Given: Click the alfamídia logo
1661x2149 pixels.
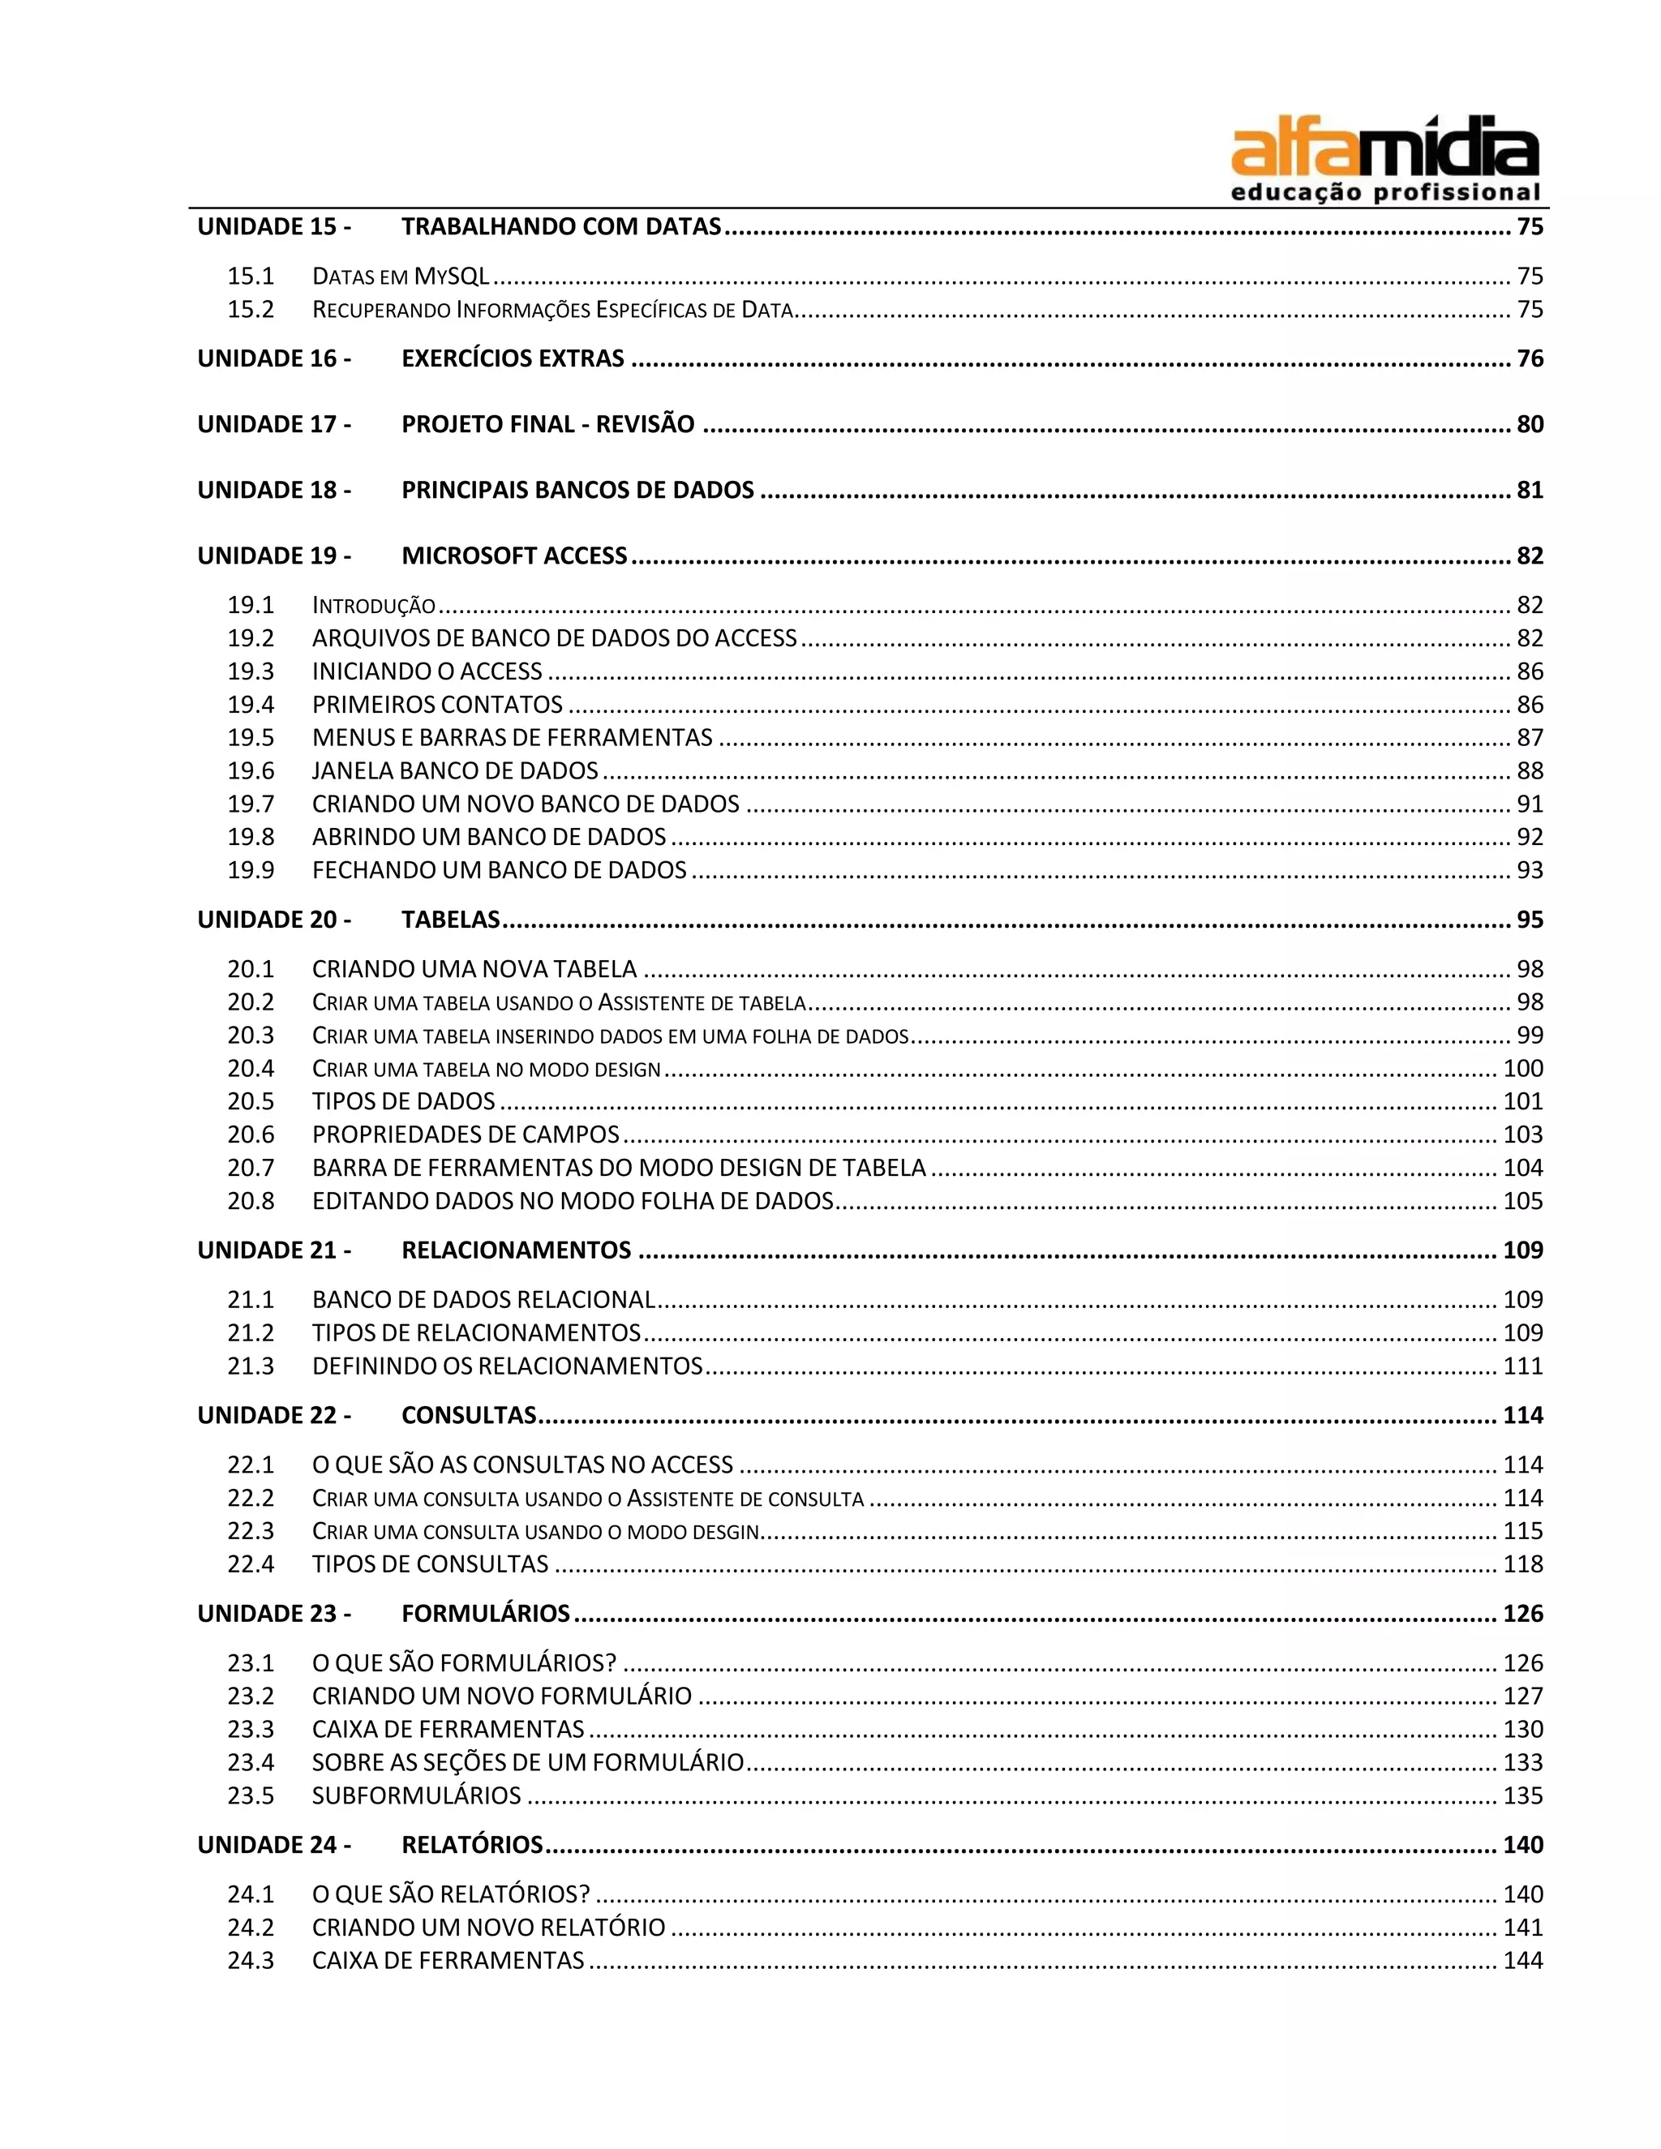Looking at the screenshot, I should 1384,161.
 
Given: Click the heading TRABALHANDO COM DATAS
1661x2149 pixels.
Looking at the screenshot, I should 561,226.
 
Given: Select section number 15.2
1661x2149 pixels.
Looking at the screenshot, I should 251,309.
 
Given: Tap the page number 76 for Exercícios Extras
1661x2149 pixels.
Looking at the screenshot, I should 1529,358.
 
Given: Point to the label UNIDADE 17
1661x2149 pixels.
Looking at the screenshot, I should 273,424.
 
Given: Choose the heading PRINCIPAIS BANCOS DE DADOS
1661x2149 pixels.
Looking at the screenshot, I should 577,490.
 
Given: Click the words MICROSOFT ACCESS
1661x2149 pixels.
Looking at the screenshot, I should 513,556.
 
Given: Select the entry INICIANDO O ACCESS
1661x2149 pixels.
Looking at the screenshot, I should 427,671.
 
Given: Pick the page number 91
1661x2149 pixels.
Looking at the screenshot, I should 1529,804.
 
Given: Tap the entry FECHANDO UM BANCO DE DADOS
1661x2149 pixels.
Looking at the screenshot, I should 499,870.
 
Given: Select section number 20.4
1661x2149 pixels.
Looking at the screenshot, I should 251,1069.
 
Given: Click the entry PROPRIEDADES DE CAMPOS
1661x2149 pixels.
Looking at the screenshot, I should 466,1135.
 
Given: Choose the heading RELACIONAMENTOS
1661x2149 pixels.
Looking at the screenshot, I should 516,1250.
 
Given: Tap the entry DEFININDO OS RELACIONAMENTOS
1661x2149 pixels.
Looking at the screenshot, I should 507,1366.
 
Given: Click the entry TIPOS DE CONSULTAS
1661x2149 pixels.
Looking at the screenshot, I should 430,1563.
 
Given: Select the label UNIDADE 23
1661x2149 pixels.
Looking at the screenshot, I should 273,1614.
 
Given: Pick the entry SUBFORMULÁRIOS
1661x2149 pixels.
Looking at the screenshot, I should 416,1795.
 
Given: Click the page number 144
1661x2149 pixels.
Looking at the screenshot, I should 1522,1960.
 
